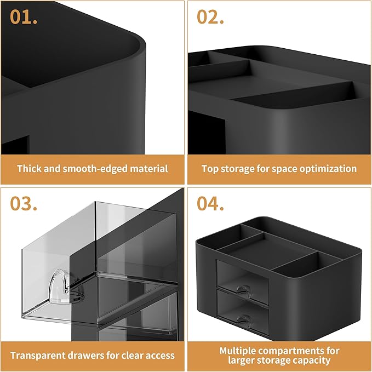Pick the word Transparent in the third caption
coord(37,356)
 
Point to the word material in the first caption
coord(149,169)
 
